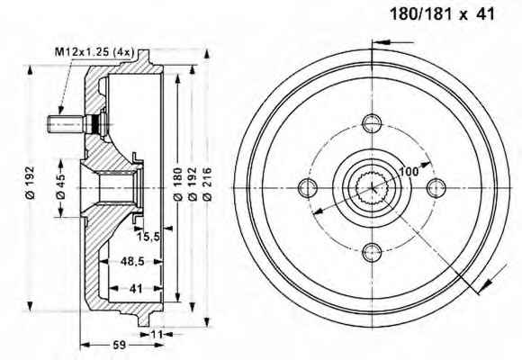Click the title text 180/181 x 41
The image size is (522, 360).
[x=442, y=14]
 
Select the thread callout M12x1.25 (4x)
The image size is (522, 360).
[x=94, y=52]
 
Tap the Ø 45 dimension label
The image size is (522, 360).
[x=61, y=187]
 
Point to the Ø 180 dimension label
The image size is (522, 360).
[x=178, y=184]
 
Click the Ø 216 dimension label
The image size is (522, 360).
[x=207, y=184]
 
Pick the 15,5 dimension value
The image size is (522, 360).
[x=148, y=237]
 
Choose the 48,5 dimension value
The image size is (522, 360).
[x=132, y=261]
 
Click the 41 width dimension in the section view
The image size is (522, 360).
[x=136, y=288]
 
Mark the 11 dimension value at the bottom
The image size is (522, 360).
[x=157, y=334]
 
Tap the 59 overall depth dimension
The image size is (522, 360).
[x=119, y=345]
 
